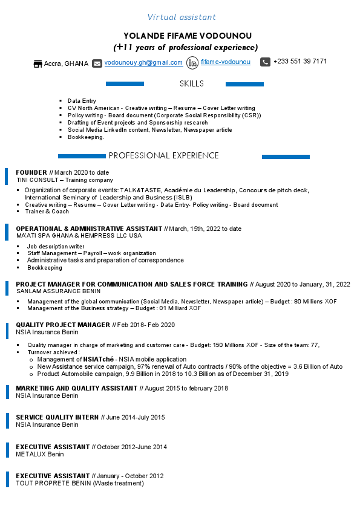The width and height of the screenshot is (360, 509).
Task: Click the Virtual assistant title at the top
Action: point(182,17)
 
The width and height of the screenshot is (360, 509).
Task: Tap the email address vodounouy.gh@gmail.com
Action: point(143,62)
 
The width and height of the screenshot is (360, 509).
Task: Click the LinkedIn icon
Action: point(192,62)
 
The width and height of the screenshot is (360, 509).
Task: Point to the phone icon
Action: point(265,62)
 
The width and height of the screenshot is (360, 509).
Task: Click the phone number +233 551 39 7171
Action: point(300,62)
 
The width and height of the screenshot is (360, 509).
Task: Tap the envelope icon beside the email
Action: point(97,63)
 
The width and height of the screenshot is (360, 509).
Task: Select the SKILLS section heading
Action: point(192,84)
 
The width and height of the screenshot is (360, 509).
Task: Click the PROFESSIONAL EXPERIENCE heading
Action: point(163,156)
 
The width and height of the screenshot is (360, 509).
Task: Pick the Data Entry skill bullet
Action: point(82,101)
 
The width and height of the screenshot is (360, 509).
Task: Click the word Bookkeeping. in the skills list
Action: point(86,137)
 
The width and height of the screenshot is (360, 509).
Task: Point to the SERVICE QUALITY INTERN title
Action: point(57,417)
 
